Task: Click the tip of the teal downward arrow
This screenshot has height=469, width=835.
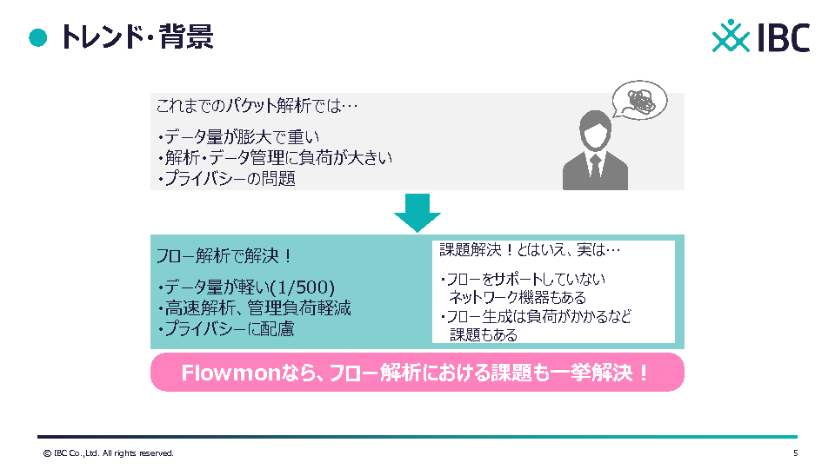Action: click(x=417, y=233)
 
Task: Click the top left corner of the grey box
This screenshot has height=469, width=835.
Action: click(x=150, y=93)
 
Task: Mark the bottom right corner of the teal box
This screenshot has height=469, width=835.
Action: click(x=685, y=349)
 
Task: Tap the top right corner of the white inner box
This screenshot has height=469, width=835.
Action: click(x=675, y=241)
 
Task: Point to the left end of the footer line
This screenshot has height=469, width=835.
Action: click(x=37, y=437)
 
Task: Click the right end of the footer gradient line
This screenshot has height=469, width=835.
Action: click(x=798, y=437)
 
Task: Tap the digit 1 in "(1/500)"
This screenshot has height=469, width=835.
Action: click(x=282, y=287)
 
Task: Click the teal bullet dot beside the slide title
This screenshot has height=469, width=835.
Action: click(x=37, y=37)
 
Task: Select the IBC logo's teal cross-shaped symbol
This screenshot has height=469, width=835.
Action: click(x=731, y=36)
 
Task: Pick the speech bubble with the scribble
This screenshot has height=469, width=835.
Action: click(x=639, y=100)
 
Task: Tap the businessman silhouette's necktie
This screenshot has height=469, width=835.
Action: click(x=595, y=166)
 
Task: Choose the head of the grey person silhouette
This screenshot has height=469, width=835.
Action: click(x=595, y=130)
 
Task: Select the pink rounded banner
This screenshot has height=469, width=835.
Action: click(x=417, y=373)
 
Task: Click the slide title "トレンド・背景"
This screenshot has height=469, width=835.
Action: click(x=137, y=37)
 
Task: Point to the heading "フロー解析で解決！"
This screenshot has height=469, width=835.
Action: click(x=224, y=256)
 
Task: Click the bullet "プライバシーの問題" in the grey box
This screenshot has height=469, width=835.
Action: click(x=227, y=179)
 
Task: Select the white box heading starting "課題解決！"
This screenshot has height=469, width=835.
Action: click(x=530, y=250)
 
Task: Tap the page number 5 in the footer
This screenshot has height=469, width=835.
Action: click(x=796, y=453)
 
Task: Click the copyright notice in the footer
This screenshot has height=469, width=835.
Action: click(x=109, y=453)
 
